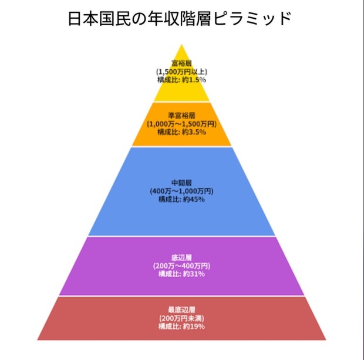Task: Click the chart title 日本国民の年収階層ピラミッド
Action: [180, 19]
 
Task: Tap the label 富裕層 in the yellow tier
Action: [181, 63]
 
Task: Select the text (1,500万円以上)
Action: [181, 72]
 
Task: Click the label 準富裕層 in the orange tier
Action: [181, 116]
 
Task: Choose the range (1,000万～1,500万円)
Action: [181, 124]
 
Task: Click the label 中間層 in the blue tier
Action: [181, 183]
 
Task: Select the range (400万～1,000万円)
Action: [181, 191]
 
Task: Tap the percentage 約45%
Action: [194, 200]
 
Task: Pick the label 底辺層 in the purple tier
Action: [181, 258]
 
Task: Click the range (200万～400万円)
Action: [181, 265]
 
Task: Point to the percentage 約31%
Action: [194, 274]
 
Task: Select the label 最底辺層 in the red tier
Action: [181, 310]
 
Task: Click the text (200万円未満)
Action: [181, 318]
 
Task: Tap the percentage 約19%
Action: [194, 327]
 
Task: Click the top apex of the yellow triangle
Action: [182, 45]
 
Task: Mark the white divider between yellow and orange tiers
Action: [182, 102]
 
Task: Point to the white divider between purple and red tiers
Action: [182, 296]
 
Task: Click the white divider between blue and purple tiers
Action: [182, 236]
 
